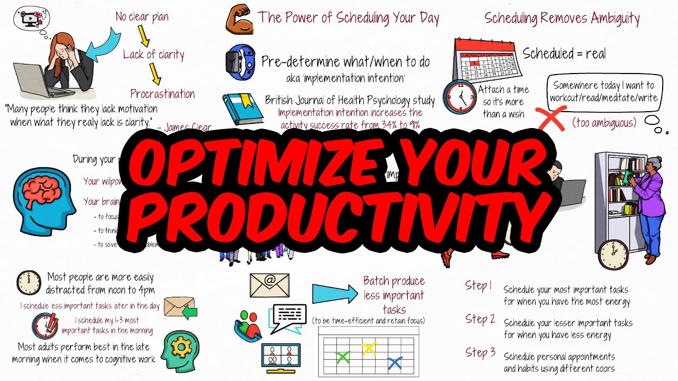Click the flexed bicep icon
[238, 20]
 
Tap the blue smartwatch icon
[240, 62]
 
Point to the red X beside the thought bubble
[551, 117]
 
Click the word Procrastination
[163, 94]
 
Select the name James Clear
[188, 128]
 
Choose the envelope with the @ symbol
[269, 285]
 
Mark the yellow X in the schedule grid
[369, 348]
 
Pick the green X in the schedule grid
[343, 357]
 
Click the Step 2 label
[480, 319]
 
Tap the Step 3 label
[480, 352]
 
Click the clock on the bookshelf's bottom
[613, 255]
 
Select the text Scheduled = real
[564, 53]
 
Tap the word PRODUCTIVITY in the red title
[334, 214]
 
